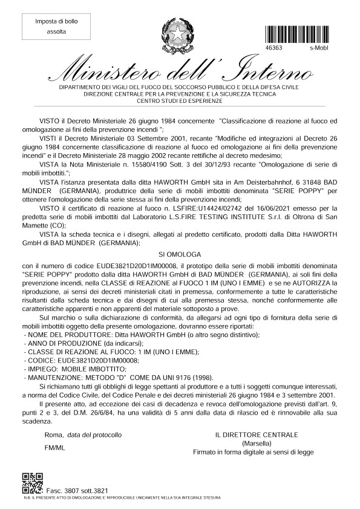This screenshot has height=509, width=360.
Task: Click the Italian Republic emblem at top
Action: pos(179,34)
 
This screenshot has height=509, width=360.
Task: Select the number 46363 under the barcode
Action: pos(273,47)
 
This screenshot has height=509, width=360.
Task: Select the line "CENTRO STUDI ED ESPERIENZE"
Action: pos(180,101)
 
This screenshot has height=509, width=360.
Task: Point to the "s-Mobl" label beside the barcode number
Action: pos(319,47)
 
